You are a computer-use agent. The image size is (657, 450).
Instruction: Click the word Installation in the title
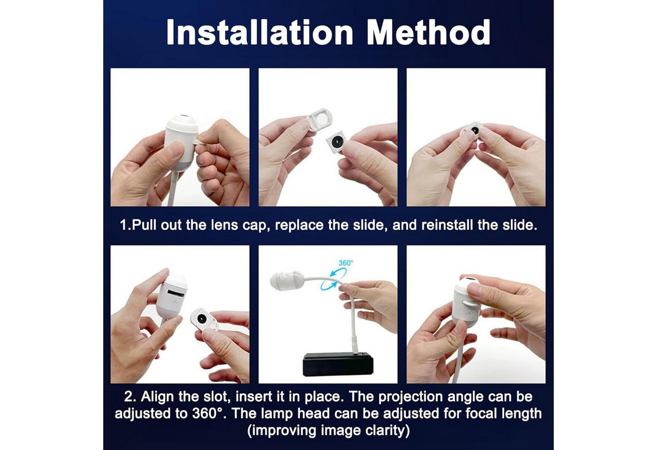click(x=260, y=32)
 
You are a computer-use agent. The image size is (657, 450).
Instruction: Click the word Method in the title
click(x=428, y=32)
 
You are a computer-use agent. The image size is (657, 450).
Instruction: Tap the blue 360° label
click(x=346, y=263)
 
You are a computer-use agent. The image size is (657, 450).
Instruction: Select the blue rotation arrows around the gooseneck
click(x=334, y=279)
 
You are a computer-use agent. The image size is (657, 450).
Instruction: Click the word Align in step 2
click(x=158, y=397)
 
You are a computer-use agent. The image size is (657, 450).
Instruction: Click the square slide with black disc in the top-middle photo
click(x=336, y=143)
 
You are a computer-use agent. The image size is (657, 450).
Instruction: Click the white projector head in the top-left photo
click(x=182, y=142)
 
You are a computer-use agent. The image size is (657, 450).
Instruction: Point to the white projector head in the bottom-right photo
click(x=466, y=303)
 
